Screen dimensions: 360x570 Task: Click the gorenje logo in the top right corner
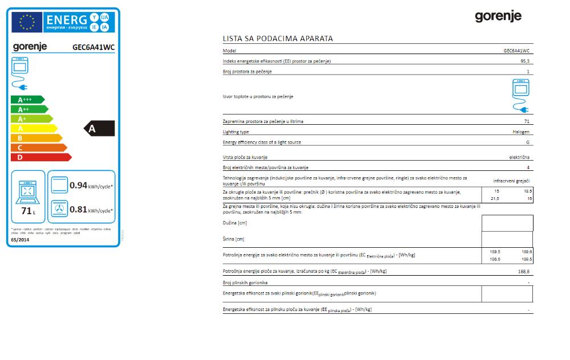[498, 17]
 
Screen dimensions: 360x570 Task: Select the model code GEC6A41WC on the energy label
[94, 47]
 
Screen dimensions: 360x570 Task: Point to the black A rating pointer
[100, 129]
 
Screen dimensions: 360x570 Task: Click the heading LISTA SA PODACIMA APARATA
[278, 39]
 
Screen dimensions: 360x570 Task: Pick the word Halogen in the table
[521, 132]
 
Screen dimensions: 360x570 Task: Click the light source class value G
[528, 142]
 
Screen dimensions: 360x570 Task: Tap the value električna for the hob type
[519, 157]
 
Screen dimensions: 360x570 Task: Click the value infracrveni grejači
[511, 181]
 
